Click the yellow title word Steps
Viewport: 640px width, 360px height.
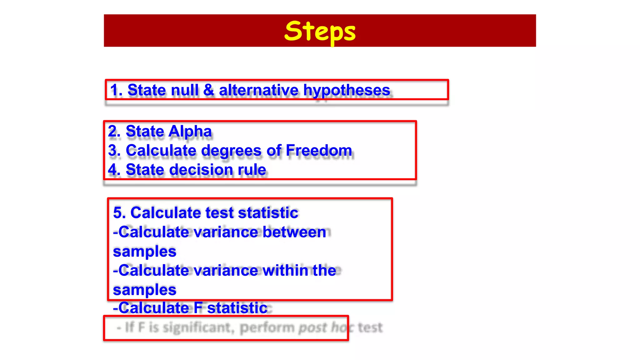tap(320, 31)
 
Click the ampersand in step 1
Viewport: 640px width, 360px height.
tap(208, 90)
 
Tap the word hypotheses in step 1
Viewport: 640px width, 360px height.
tap(347, 90)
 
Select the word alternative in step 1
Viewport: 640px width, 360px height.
tap(258, 90)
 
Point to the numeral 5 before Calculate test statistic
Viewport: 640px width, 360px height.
tap(119, 213)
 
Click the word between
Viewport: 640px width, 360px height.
tap(294, 232)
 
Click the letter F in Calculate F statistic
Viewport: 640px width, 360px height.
tap(198, 308)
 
